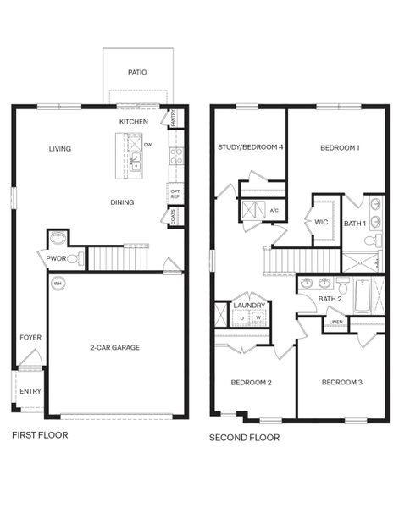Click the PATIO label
137,72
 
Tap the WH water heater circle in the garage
58,284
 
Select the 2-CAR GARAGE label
114,347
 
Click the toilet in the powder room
76,258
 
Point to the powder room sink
58,238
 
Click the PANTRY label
173,118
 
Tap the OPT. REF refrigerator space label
175,194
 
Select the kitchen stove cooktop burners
177,156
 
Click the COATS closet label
174,216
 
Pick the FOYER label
30,337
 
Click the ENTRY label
30,391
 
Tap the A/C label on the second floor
274,211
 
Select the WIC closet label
321,222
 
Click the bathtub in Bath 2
363,296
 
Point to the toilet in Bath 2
342,285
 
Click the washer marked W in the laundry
258,317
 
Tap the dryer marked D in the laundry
241,318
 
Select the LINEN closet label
335,322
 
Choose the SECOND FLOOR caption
244,438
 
